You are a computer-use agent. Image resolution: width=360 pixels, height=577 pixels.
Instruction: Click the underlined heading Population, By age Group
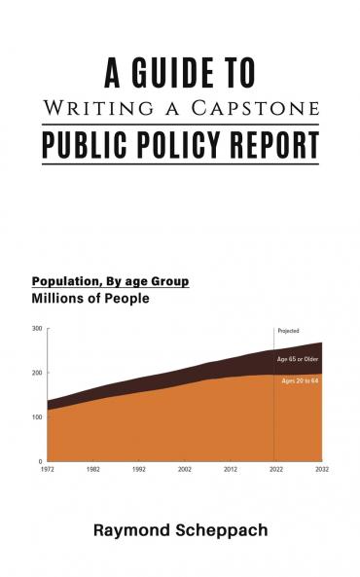(110, 281)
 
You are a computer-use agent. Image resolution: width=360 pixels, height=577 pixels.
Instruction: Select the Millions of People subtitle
(90, 299)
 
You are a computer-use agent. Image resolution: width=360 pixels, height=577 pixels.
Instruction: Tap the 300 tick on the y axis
(37, 330)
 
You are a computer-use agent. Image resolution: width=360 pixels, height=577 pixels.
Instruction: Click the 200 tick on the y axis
(37, 374)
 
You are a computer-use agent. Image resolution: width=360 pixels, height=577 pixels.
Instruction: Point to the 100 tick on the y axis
(37, 417)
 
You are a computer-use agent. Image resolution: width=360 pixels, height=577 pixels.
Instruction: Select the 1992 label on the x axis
(139, 469)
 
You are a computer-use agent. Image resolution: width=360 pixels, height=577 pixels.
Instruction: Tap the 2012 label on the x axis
(231, 469)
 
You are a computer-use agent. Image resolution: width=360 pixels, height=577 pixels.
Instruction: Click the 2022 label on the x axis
(276, 469)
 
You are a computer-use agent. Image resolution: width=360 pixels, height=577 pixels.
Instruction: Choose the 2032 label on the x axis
(321, 469)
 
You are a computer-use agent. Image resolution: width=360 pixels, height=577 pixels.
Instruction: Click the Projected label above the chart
(288, 332)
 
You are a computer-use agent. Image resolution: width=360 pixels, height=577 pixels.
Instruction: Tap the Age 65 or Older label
(298, 360)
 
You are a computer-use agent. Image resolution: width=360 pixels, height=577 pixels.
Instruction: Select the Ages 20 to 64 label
(300, 380)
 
